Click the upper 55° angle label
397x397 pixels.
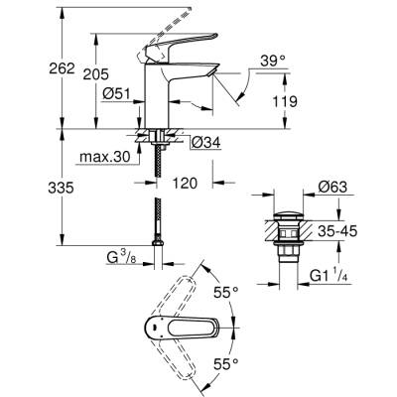[227, 292]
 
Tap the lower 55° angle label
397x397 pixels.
[227, 365]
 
